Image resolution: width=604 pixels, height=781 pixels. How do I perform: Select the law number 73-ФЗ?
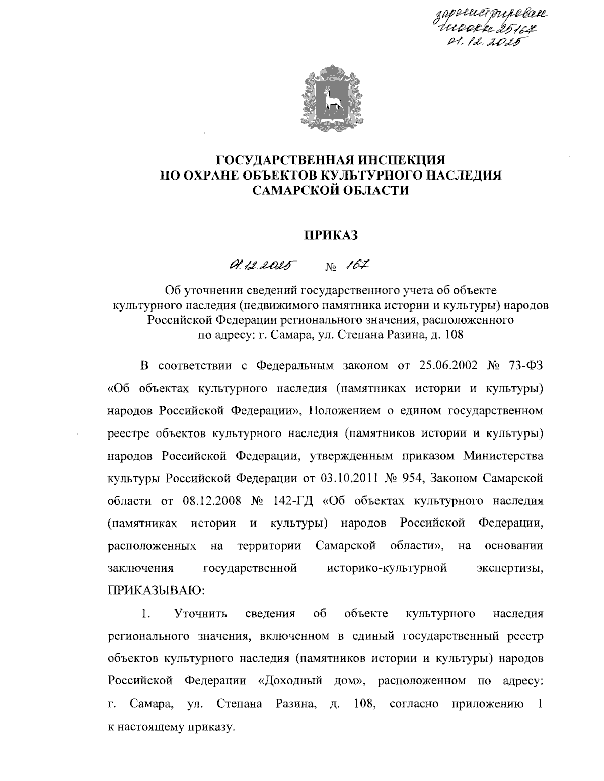(x=526, y=366)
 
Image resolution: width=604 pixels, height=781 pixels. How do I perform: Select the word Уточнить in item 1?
(x=200, y=614)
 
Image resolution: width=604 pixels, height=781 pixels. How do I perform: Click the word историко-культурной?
(x=387, y=569)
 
